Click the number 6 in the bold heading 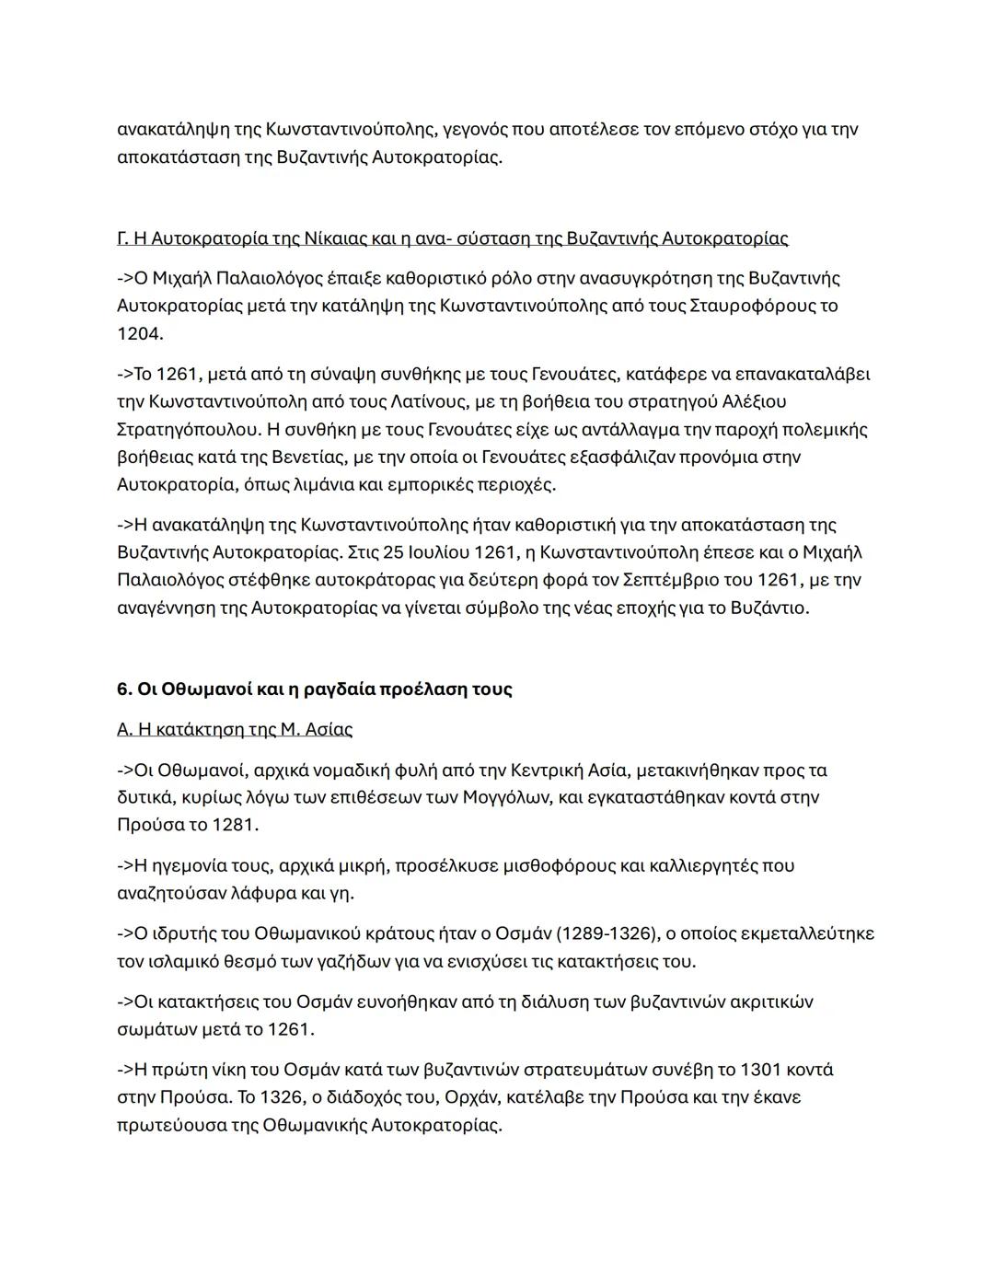coord(122,689)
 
